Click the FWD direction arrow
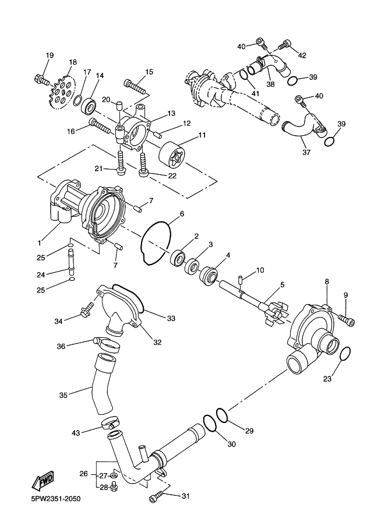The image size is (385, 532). (x=44, y=481)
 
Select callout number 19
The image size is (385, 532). (x=50, y=55)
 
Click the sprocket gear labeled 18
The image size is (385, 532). (x=62, y=91)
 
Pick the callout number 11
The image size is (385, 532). (x=202, y=135)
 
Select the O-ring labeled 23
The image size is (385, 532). (x=344, y=354)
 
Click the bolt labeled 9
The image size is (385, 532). (x=347, y=319)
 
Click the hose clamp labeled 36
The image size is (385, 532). (x=105, y=344)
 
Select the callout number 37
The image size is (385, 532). (x=306, y=153)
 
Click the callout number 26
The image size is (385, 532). (x=83, y=474)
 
